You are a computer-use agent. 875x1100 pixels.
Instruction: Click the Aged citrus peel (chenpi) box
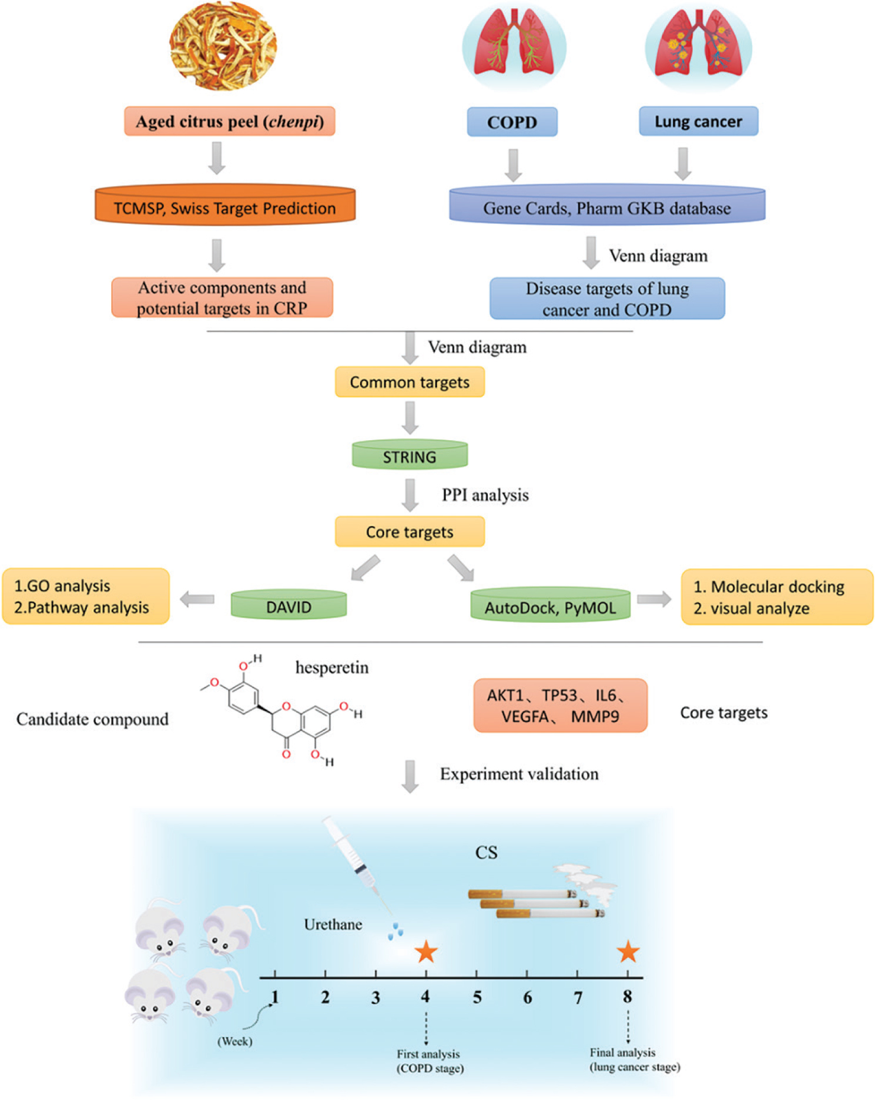point(229,122)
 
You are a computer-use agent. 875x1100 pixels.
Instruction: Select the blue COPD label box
point(512,122)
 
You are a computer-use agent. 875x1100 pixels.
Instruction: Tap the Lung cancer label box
point(698,122)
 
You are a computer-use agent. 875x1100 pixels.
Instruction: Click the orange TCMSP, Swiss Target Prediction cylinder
point(225,206)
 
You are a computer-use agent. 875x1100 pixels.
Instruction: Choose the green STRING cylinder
point(410,455)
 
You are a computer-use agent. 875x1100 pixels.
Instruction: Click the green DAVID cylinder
point(289,605)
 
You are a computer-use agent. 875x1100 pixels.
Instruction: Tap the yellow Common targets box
point(410,382)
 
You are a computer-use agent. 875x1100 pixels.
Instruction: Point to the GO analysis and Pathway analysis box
point(86,596)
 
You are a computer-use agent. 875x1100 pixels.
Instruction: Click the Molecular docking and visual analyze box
point(776,597)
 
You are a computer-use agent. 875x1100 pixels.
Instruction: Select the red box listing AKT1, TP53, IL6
point(560,706)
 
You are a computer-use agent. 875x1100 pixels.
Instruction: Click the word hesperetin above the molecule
point(332,668)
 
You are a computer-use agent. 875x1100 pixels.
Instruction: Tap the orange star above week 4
point(426,952)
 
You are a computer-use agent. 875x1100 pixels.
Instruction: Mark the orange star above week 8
point(628,951)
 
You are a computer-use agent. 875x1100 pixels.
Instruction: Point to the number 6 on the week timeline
point(528,998)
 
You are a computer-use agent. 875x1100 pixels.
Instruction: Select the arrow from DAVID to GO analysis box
point(197,600)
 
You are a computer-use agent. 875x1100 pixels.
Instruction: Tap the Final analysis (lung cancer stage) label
point(634,1059)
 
